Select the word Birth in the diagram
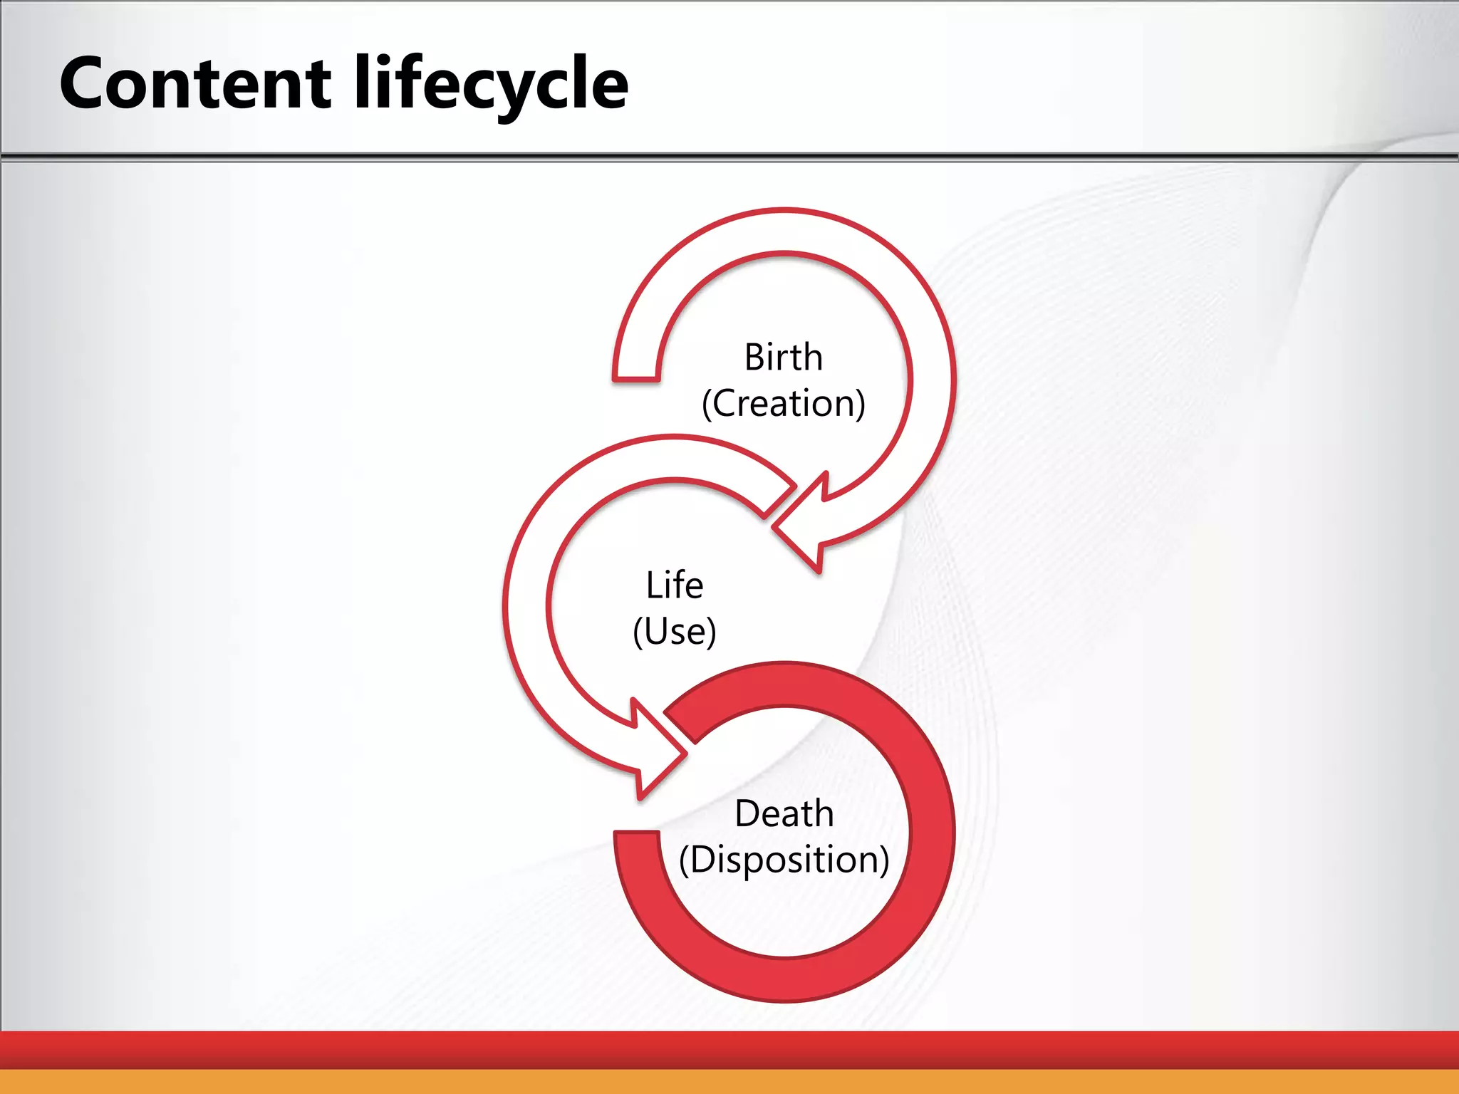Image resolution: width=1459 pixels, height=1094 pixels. coord(783,357)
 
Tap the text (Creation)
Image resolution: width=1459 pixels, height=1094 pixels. coord(783,404)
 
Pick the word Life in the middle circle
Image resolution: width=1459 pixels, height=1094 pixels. coord(674,585)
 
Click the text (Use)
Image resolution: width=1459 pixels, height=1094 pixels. coord(674,632)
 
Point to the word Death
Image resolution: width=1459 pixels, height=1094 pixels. coord(784,813)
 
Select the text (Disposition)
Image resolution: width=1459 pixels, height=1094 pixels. coord(784,860)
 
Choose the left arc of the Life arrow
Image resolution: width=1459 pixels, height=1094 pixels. coord(526,605)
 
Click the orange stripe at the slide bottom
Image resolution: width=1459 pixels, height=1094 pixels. coord(729,1082)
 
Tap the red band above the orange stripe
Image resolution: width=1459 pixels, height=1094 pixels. coord(729,1049)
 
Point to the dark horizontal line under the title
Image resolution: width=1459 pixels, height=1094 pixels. coord(729,156)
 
